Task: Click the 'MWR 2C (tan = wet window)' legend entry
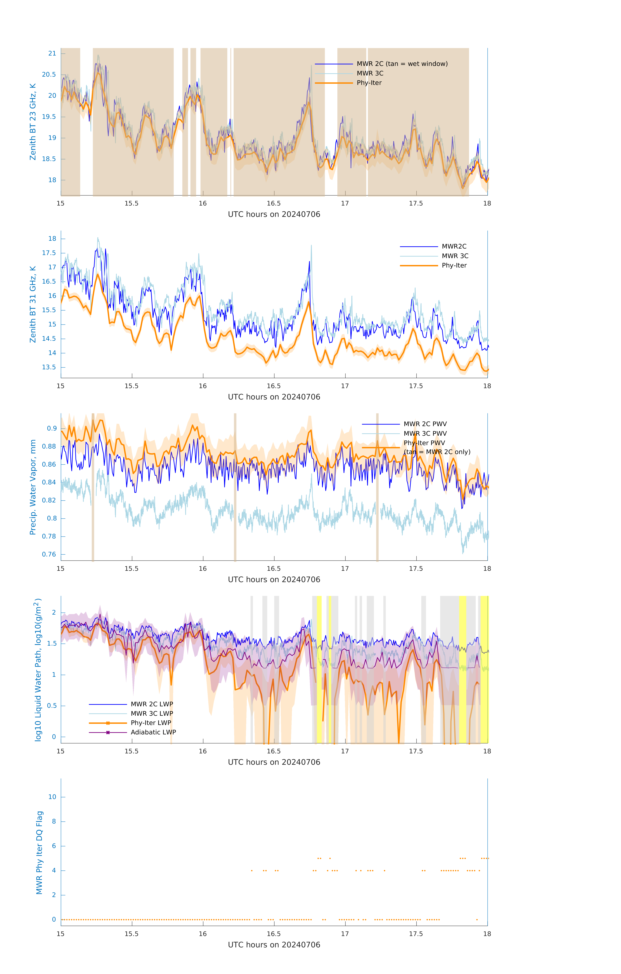[x=402, y=64]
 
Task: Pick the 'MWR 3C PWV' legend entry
[x=425, y=433]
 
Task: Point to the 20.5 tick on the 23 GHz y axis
[x=49, y=74]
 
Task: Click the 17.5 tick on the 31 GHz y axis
[x=49, y=253]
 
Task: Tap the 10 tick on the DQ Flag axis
[x=52, y=797]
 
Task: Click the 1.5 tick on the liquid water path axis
[x=52, y=643]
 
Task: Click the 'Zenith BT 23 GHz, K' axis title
[x=33, y=122]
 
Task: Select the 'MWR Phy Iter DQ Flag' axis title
[x=39, y=852]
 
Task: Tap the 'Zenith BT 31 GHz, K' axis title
[x=33, y=304]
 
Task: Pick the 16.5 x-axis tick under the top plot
[x=273, y=203]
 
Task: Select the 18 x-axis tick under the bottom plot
[x=487, y=934]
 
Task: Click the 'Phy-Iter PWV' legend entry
[x=424, y=443]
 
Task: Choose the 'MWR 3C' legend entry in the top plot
[x=370, y=73]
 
